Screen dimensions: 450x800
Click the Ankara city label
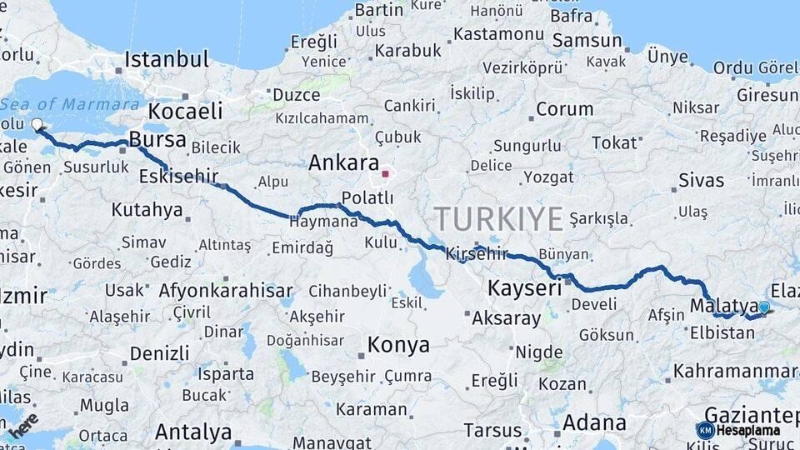(x=343, y=163)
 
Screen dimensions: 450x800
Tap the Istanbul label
(x=167, y=59)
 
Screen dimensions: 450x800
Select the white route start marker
(x=37, y=126)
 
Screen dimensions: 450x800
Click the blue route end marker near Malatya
(x=764, y=307)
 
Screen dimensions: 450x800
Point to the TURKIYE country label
(x=498, y=218)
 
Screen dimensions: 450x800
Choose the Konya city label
(x=398, y=345)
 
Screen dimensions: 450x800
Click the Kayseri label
(x=524, y=289)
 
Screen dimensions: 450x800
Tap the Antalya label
(x=193, y=432)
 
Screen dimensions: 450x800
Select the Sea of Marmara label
(x=70, y=104)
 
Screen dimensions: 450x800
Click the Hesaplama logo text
(x=748, y=431)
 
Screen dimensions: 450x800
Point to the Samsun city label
(x=587, y=41)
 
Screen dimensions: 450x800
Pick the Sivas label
(x=701, y=180)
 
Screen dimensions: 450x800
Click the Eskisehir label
(x=178, y=176)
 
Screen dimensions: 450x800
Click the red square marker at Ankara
(x=385, y=174)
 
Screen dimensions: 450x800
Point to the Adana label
(x=594, y=422)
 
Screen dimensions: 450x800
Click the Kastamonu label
(x=498, y=35)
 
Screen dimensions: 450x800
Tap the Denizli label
(x=159, y=352)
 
